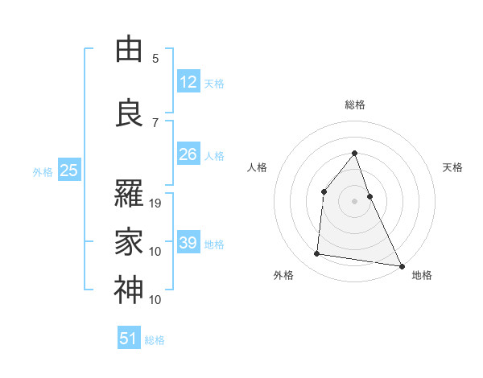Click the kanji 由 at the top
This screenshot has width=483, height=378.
(129, 50)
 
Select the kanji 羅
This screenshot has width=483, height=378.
(129, 194)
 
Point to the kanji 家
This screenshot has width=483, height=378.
(129, 241)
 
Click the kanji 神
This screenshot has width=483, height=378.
(129, 290)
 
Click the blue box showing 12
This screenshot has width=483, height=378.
(188, 81)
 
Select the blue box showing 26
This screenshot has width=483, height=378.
(188, 154)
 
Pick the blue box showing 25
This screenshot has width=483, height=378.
(68, 171)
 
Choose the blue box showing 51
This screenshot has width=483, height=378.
(129, 339)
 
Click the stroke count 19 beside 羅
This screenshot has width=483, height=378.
(156, 203)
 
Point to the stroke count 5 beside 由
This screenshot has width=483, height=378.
(155, 59)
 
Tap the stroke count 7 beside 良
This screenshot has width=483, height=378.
(155, 123)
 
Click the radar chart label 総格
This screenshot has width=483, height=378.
(355, 105)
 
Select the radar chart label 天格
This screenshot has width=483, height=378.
(452, 167)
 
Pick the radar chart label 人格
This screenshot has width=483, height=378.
(258, 167)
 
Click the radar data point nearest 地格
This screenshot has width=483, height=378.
(402, 266)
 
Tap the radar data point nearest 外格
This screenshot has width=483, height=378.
(317, 254)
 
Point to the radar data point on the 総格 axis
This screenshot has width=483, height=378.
(355, 153)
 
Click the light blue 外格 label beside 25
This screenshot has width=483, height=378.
(43, 171)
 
